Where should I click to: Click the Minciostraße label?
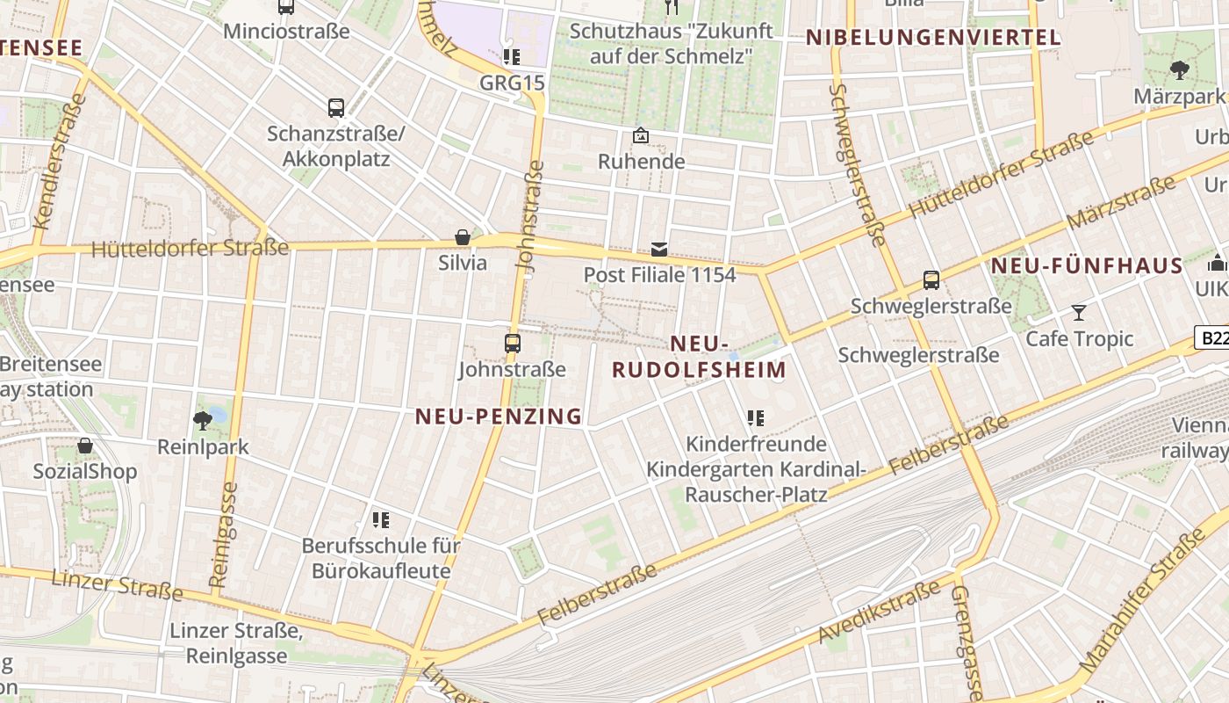286,32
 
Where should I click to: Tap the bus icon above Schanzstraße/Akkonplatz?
336,108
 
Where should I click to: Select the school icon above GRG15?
512,58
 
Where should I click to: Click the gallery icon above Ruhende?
641,136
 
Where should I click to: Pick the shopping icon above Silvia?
463,237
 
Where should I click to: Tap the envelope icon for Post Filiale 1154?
659,250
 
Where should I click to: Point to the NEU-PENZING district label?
499,417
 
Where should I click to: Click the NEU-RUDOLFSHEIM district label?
699,357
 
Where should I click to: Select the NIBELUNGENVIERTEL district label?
933,38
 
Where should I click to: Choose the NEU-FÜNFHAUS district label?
1087,265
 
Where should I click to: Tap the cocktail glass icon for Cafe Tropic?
1079,313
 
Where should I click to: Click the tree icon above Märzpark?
1179,70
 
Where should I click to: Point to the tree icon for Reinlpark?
203,421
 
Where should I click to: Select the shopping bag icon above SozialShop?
85,446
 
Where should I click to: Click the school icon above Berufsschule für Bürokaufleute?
380,520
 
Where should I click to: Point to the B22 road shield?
1212,337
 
